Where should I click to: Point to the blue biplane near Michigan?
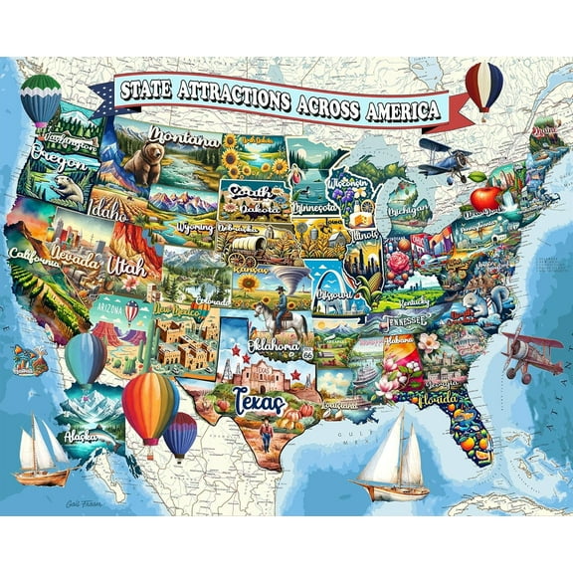pos(444,159)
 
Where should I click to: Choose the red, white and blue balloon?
pos(483,85)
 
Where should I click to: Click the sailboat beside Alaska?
pos(42,452)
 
